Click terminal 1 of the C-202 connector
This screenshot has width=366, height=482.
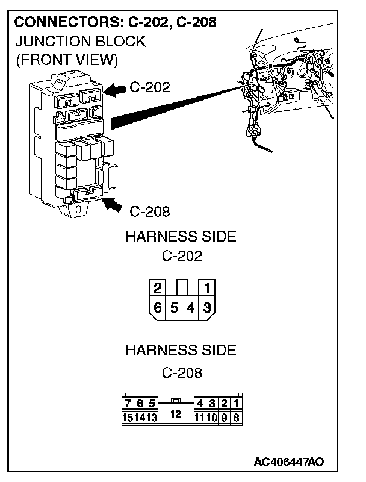(206, 287)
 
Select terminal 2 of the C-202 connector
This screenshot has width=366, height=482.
(158, 287)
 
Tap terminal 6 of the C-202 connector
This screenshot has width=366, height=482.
(158, 307)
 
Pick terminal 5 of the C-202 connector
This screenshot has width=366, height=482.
(174, 307)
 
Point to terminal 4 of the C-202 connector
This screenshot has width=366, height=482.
(190, 307)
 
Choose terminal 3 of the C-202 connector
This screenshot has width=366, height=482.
(206, 307)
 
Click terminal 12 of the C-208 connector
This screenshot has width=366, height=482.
(175, 414)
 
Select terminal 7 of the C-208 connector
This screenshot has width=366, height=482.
(127, 403)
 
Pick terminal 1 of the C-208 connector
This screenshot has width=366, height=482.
(236, 403)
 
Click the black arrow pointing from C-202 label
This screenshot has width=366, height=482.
(114, 89)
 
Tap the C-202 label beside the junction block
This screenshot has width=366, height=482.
(150, 87)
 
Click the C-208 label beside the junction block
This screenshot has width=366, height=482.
(150, 211)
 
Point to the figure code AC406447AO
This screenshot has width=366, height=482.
(289, 462)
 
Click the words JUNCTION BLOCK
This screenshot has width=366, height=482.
(79, 41)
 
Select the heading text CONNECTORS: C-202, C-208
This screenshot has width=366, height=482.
(115, 23)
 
